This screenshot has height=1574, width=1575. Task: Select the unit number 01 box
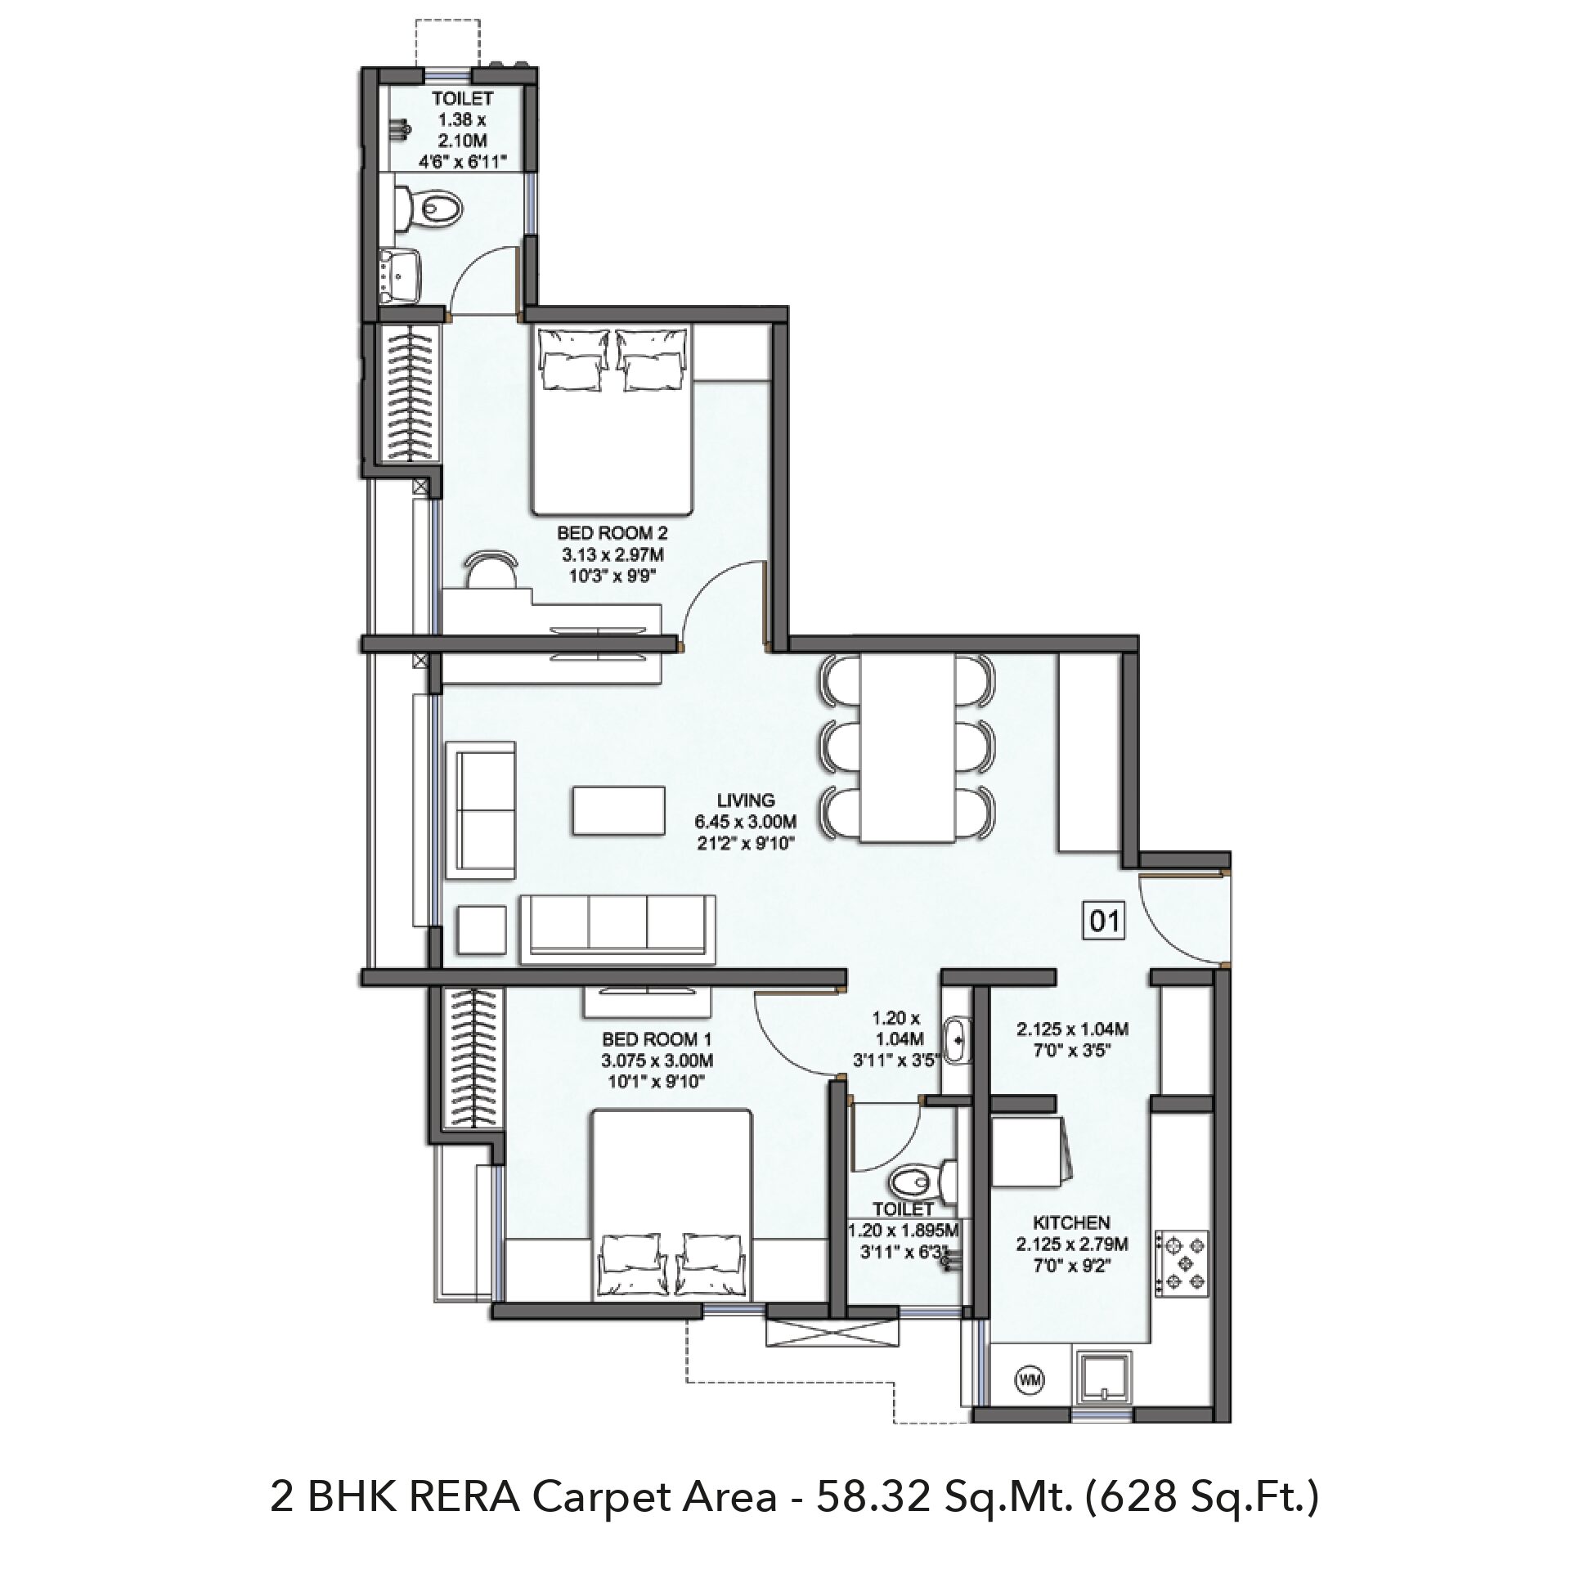click(x=1104, y=922)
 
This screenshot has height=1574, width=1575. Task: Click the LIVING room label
click(x=746, y=800)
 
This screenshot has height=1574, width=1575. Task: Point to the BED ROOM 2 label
click(x=612, y=533)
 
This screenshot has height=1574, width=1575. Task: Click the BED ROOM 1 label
click(x=657, y=1039)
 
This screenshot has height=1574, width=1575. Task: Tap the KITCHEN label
click(x=1071, y=1222)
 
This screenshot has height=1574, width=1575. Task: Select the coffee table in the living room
click(x=618, y=810)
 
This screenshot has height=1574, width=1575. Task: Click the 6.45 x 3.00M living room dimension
click(x=746, y=820)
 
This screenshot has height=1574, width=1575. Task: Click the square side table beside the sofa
click(x=482, y=930)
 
